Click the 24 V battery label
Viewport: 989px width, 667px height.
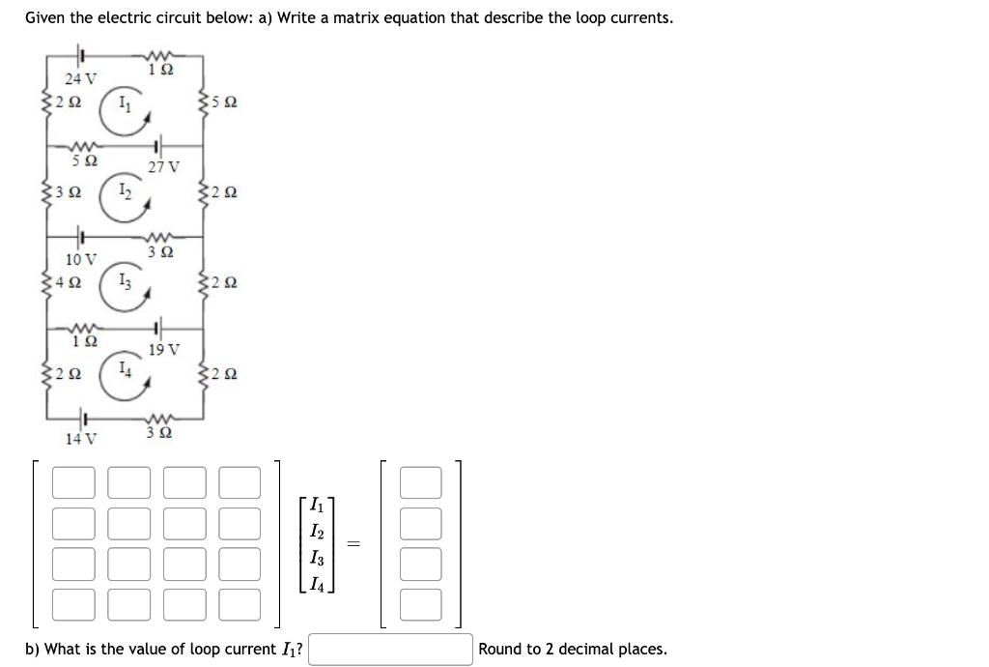80,77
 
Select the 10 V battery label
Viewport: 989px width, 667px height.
80,259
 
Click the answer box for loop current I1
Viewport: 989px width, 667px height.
390,649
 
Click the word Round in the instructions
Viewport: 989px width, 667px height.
501,650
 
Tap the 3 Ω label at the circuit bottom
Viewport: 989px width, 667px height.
160,433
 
